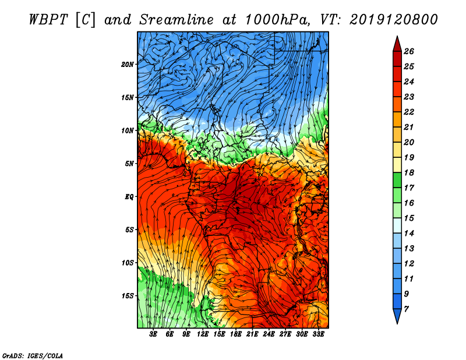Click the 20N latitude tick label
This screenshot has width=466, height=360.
(128, 64)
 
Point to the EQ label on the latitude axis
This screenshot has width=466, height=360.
(129, 197)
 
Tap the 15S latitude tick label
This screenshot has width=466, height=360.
(128, 296)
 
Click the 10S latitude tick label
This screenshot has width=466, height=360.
(128, 263)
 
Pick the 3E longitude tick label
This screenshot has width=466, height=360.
(154, 334)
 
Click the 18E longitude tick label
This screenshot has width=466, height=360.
(236, 334)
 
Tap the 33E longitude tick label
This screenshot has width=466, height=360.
(318, 334)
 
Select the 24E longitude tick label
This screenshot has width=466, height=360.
(269, 334)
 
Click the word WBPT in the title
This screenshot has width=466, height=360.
(51, 19)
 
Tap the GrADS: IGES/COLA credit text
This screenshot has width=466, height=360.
(33, 355)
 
